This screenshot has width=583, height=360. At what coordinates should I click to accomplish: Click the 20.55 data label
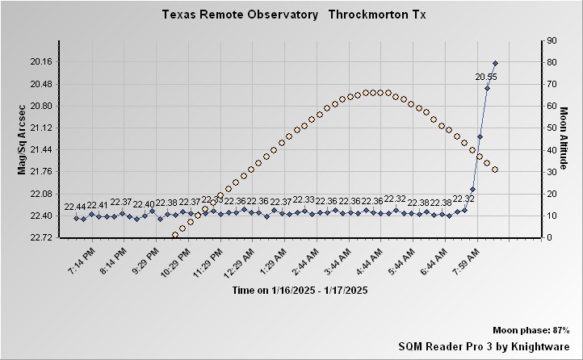click(485, 77)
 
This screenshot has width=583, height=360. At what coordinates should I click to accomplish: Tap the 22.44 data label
click(75, 207)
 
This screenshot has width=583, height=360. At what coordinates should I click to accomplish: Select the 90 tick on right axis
click(551, 40)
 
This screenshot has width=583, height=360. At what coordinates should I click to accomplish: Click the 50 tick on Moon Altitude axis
click(551, 128)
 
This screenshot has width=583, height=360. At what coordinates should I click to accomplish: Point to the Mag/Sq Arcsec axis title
click(23, 139)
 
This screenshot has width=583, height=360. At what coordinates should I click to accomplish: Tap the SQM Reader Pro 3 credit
click(484, 345)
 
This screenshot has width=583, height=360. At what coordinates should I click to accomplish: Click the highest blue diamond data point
click(495, 63)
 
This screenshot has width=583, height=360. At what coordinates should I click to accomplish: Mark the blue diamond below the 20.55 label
click(487, 88)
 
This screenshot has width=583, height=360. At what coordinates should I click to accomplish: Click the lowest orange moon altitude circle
click(175, 235)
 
